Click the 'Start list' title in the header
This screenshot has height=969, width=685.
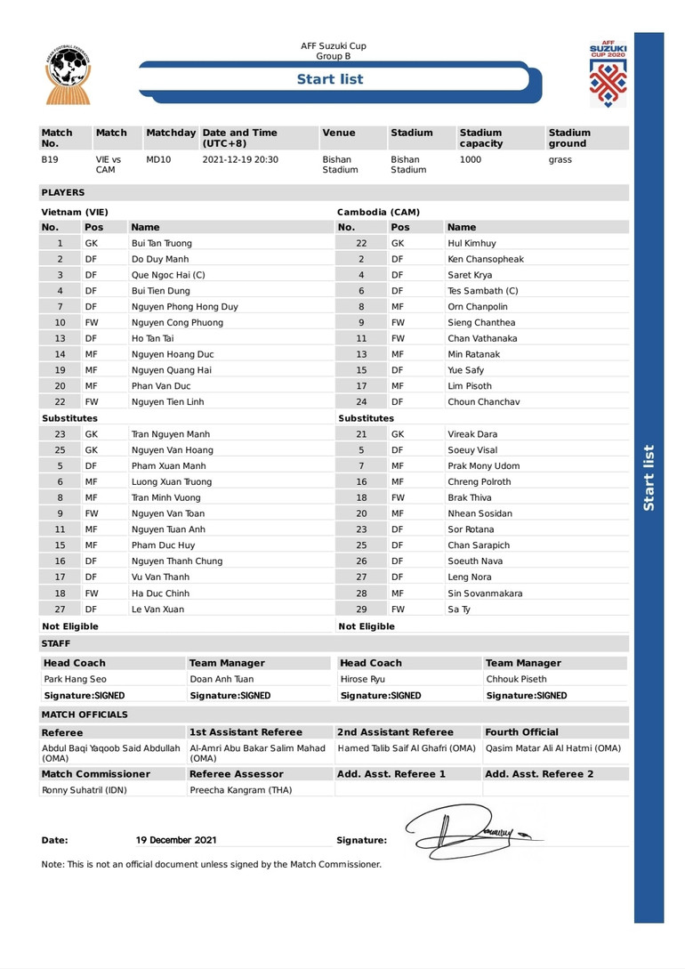(330, 79)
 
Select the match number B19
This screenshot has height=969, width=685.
(50, 160)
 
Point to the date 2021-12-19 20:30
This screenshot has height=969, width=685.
(240, 160)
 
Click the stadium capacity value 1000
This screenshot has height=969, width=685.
(471, 160)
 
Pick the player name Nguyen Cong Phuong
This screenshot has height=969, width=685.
(177, 322)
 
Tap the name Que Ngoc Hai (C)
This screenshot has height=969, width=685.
(168, 275)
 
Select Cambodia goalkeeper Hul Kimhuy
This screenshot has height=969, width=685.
(471, 243)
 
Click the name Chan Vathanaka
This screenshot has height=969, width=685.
(482, 338)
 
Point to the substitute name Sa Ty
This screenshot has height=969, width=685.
(459, 610)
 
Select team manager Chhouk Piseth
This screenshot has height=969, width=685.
(516, 679)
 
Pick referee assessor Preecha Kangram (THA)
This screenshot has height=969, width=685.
(240, 789)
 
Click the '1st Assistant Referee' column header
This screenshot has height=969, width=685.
(246, 732)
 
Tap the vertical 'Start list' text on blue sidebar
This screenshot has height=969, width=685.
(649, 478)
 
